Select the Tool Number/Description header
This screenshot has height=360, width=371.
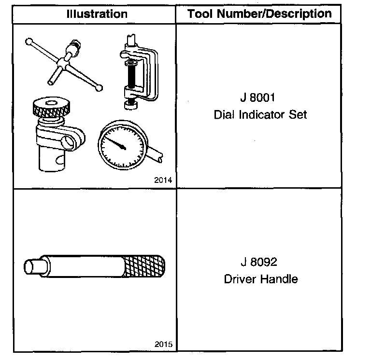click(x=259, y=14)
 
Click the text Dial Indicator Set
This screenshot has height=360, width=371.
click(x=260, y=115)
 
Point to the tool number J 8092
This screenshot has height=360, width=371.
click(x=259, y=263)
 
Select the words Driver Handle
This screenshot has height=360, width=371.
click(x=260, y=279)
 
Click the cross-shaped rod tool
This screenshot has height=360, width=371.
click(x=63, y=63)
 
